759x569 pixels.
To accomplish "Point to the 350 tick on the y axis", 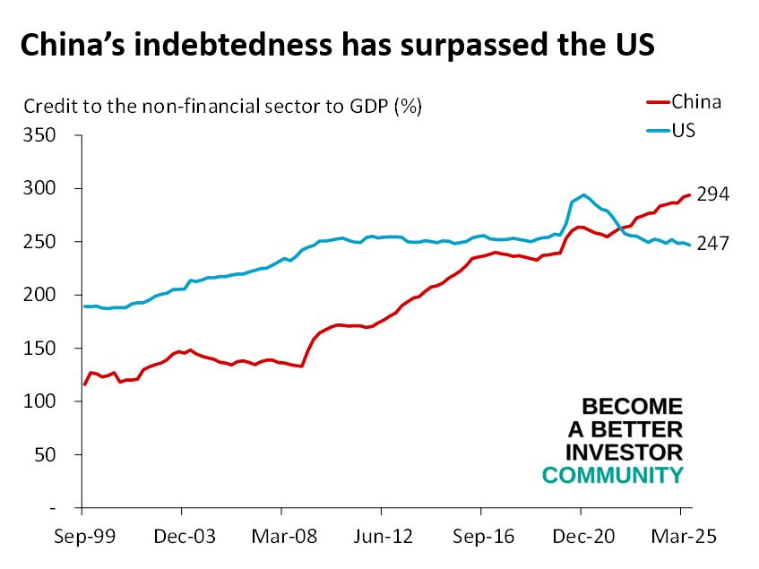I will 41,135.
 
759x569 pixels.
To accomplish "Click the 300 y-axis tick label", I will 41,189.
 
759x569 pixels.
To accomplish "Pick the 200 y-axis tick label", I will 41,295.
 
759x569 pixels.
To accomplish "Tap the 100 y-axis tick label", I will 41,401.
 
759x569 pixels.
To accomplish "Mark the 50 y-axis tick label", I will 46,454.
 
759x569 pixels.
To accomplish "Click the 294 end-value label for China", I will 713,194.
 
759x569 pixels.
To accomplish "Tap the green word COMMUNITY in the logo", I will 613,475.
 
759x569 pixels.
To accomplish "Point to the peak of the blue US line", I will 584,194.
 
